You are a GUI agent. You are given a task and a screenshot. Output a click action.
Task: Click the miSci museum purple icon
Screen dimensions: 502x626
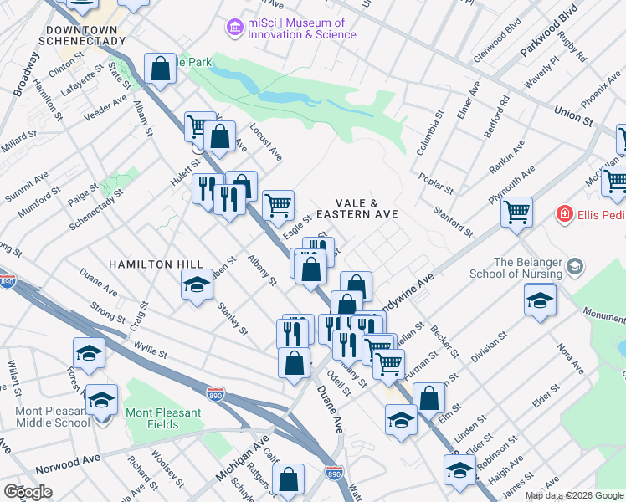[234, 28]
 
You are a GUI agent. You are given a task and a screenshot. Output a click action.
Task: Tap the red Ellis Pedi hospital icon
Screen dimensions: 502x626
[565, 215]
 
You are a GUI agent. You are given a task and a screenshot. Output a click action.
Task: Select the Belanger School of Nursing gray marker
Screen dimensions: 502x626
[574, 267]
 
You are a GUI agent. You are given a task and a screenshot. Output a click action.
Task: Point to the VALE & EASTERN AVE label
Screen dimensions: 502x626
[366, 209]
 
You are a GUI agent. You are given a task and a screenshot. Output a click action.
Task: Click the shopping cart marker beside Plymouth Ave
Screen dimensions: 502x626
[517, 210]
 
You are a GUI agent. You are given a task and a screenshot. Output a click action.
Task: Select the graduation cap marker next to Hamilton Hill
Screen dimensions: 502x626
[197, 285]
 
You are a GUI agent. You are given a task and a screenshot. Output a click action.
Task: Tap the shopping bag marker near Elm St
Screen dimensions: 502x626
[429, 399]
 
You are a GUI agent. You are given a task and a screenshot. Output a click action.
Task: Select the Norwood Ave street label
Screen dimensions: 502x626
[73, 462]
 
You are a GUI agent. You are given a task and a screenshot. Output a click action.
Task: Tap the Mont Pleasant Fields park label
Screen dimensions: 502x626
[163, 418]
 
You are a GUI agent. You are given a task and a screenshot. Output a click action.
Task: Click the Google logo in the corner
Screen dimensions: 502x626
[28, 492]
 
